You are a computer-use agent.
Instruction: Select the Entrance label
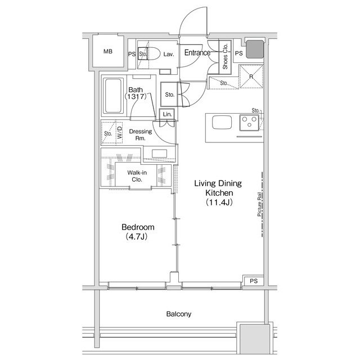pos(197,53)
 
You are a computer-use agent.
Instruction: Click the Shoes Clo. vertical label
pos(225,56)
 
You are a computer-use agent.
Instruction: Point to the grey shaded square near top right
pos(254,49)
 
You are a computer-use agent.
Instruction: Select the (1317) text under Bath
pos(136,97)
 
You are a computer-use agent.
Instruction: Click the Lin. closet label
pos(166,114)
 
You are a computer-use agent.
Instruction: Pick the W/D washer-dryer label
pos(119,132)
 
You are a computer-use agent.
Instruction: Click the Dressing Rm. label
pos(141,135)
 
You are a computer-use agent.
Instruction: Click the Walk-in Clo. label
pos(137,176)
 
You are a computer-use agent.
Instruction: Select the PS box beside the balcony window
pos(253,280)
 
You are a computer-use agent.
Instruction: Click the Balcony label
pos(179,314)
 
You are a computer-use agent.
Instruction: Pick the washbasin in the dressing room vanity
pos(159,154)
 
